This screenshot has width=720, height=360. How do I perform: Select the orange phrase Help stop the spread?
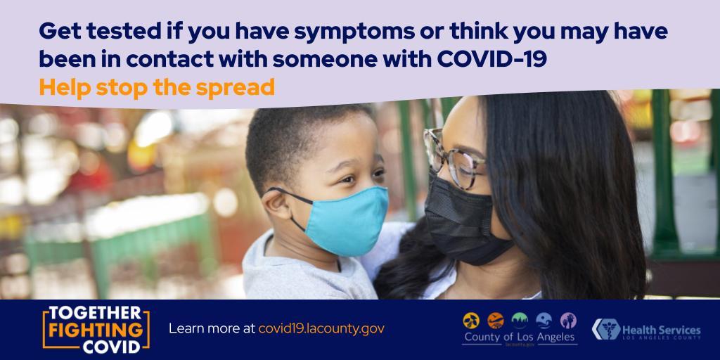click(x=156, y=89)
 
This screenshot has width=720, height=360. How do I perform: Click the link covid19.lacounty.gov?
click(x=321, y=329)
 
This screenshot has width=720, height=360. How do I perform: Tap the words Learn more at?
click(x=212, y=329)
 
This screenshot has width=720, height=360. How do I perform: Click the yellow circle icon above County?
click(x=470, y=321)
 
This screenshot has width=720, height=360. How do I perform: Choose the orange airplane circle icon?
click(x=496, y=321)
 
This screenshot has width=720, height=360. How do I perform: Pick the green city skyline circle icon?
click(x=520, y=321)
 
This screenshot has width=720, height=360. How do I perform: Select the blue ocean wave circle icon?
click(x=544, y=321)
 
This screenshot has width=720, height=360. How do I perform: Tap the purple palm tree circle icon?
click(x=567, y=321)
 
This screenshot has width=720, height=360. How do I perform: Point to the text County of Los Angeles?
click(x=520, y=337)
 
